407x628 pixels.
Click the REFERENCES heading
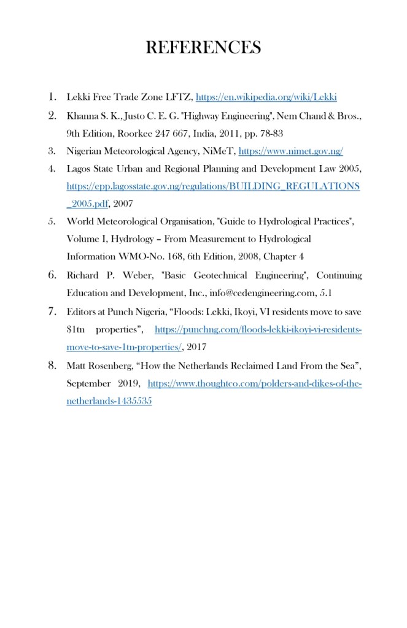tap(203, 47)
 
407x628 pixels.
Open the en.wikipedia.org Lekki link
tap(266, 97)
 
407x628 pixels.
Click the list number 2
tap(52, 115)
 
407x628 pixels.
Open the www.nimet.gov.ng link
tap(290, 151)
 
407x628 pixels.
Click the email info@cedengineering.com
tap(266, 292)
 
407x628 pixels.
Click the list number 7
tap(52, 311)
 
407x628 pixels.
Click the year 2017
tap(196, 347)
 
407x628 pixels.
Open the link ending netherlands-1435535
tap(109, 401)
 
